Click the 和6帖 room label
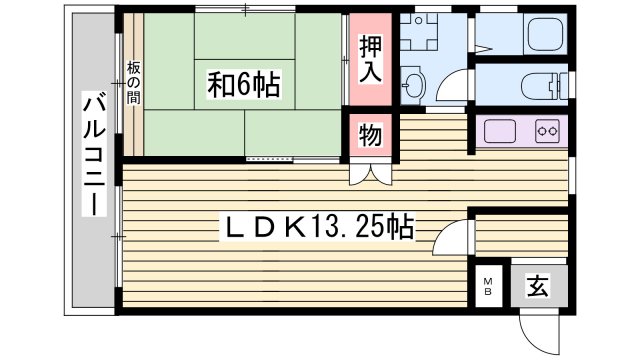click(x=244, y=85)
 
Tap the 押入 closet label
click(x=369, y=61)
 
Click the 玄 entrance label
click(x=537, y=288)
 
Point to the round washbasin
click(x=414, y=84)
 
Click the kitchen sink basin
click(x=498, y=131)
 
